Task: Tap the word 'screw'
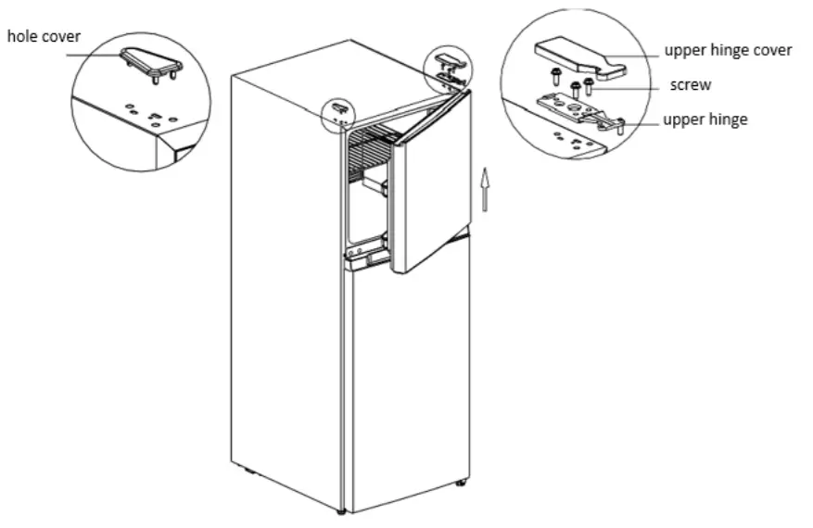tap(691, 85)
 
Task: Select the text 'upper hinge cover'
tap(728, 50)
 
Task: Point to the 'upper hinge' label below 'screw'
tap(705, 120)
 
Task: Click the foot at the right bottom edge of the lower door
tap(461, 484)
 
